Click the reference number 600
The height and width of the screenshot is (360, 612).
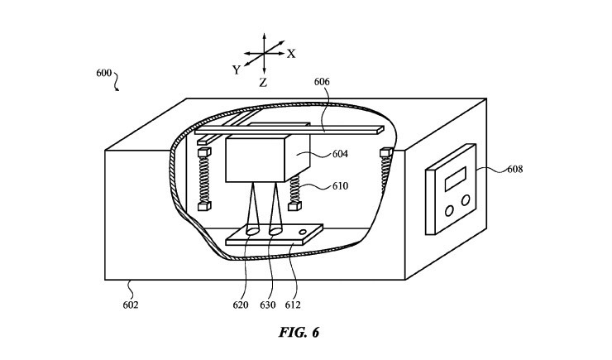pos(104,73)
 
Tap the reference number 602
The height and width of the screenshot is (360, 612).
pos(131,305)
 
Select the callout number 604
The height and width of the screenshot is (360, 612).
pos(340,154)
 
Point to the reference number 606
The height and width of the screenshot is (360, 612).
pos(322,82)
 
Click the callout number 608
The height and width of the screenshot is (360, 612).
pos(514,169)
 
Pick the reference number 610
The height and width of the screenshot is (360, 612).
pos(340,186)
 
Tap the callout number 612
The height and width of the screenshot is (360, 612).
pos(293,305)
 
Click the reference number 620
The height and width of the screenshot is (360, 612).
pos(241,305)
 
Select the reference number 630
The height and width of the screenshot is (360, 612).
pos(268,305)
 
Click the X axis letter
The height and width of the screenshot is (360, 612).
pos(291,54)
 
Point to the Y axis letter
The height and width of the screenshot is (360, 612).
pos(237,70)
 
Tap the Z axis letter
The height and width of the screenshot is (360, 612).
pos(263,83)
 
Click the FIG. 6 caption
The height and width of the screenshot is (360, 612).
pos(299,333)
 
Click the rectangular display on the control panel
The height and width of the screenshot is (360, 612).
pos(455,179)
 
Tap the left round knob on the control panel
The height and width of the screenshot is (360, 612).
pos(449,211)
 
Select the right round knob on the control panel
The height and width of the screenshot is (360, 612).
pos(466,200)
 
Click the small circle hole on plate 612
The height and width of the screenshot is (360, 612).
pos(303,233)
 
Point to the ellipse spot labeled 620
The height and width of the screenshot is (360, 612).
pos(252,231)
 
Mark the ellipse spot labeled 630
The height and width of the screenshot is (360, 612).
pos(275,231)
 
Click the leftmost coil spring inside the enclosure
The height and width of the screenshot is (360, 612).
pos(204,180)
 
